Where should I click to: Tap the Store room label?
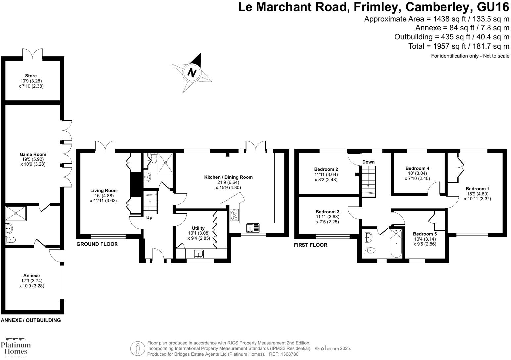coord(31,76)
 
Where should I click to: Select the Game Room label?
coord(33,154)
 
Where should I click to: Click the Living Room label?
coord(104,190)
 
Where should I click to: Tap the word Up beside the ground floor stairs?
coord(149,218)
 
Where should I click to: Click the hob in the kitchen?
coord(234,215)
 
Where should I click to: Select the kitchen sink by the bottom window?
coord(253,228)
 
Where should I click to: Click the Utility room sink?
coord(199,254)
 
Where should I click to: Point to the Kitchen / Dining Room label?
coord(228,177)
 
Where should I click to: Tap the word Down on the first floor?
coord(368,162)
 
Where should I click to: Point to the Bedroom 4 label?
coord(417,168)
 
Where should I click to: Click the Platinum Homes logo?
coord(16,347)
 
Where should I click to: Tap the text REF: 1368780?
coord(284,354)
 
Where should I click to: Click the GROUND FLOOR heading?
coord(97,244)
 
